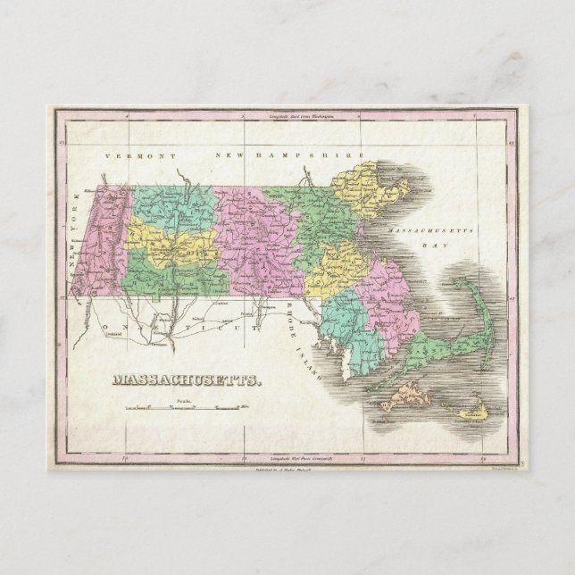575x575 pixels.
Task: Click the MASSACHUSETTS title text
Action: click(187, 379)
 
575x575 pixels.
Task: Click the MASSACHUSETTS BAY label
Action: click(434, 235)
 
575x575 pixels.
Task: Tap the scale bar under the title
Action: click(186, 409)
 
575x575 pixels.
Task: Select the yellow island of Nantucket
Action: click(471, 410)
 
